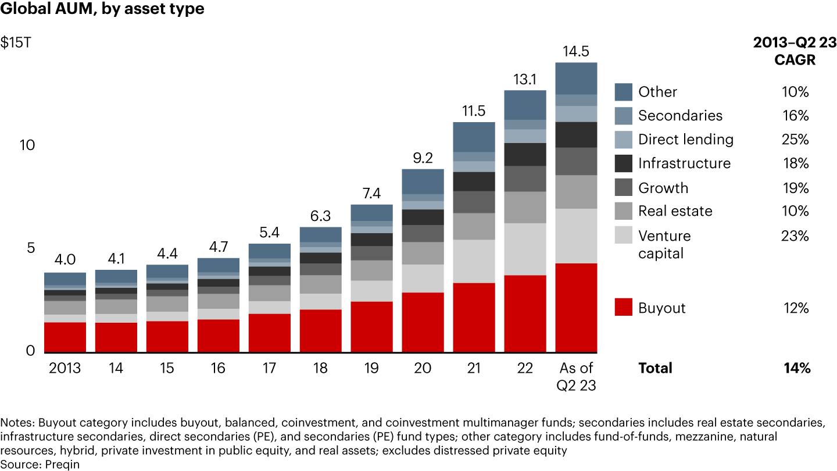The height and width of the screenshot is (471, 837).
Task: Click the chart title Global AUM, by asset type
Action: click(102, 10)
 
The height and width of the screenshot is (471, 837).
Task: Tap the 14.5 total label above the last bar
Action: click(576, 51)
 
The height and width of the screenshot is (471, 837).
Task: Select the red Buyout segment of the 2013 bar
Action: click(65, 337)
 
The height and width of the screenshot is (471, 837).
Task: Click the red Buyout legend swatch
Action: click(623, 308)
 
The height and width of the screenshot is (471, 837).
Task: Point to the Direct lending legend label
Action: click(685, 140)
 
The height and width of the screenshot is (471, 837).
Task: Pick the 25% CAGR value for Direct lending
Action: click(796, 140)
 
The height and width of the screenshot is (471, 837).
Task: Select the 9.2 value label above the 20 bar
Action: click(423, 158)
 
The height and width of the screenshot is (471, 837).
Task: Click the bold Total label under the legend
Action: click(655, 368)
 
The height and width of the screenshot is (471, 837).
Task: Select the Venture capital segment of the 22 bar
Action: click(525, 249)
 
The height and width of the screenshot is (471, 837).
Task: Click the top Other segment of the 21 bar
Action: click(474, 137)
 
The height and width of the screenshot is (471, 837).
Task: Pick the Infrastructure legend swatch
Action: click(623, 163)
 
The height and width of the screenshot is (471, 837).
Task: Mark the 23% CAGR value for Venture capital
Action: click(796, 236)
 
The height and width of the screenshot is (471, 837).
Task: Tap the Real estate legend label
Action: click(675, 211)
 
